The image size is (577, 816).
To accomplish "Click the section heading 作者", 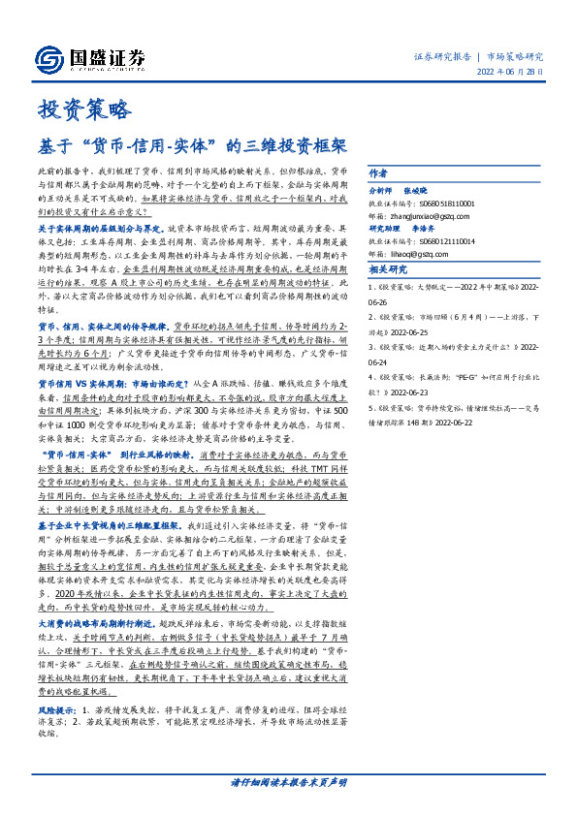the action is pyautogui.click(x=378, y=173).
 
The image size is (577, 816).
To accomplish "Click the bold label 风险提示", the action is pyautogui.click(x=58, y=766).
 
